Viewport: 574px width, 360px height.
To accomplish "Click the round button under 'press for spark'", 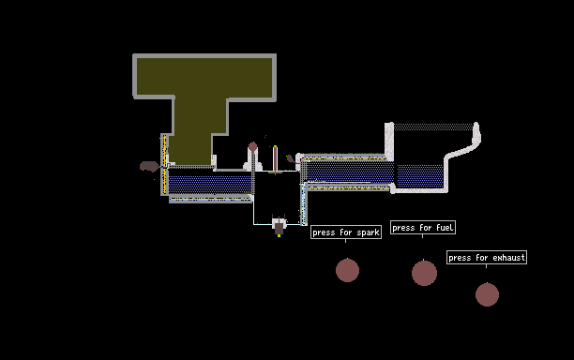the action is click(x=347, y=270).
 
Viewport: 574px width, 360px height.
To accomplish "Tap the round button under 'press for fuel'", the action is click(x=424, y=274).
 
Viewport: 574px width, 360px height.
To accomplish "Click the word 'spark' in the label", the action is click(x=368, y=232).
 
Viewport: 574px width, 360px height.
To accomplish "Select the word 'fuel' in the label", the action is click(x=445, y=228).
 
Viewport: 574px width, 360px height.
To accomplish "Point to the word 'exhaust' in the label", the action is click(x=508, y=258).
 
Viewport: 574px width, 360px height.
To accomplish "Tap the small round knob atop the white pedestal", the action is click(x=252, y=147).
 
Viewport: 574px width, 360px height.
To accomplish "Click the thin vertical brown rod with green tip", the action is click(x=275, y=158).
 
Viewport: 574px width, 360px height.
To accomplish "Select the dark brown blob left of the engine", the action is click(x=149, y=167).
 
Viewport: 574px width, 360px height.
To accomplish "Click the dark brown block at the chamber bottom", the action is click(x=279, y=228).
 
